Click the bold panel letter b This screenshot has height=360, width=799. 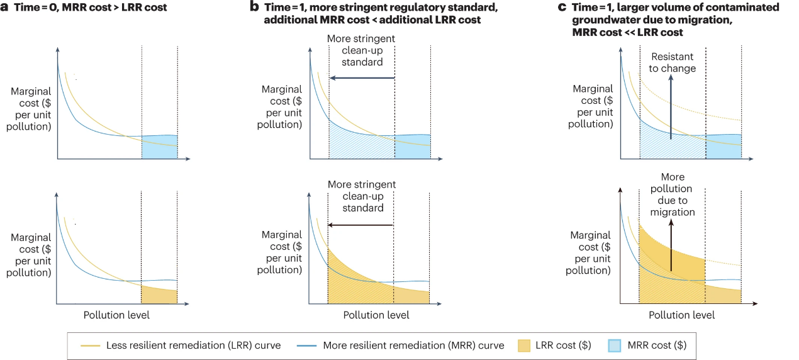pos(254,8)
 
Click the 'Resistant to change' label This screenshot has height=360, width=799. pos(673,62)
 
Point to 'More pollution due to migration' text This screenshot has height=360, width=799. pos(673,194)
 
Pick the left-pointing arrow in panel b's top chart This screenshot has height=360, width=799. pos(362,78)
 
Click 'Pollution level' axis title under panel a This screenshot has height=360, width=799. pos(116,315)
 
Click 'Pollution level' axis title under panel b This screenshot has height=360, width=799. pos(376,315)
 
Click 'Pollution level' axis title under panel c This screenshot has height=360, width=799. pos(681,315)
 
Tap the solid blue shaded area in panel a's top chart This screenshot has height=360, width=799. pos(159,147)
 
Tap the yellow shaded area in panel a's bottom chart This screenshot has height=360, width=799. pos(159,295)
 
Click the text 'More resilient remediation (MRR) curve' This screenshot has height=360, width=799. pos(413,346)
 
